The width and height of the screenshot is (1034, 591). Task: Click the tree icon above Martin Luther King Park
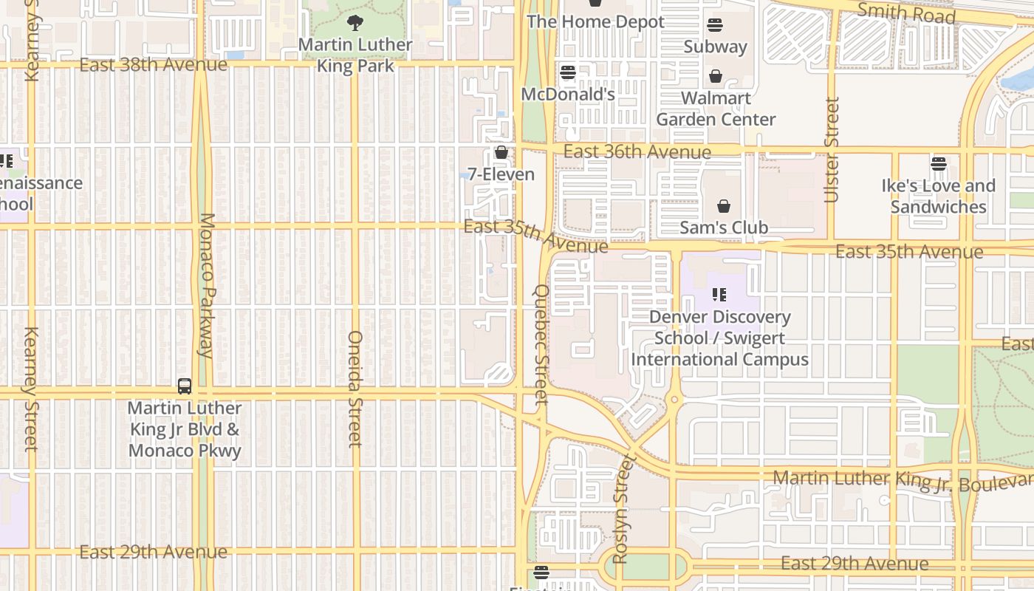pyautogui.click(x=355, y=23)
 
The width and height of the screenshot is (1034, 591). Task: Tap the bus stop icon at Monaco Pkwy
pyautogui.click(x=185, y=386)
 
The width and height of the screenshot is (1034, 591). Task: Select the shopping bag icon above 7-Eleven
pyautogui.click(x=501, y=153)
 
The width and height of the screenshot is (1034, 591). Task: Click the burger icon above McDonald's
pyautogui.click(x=567, y=72)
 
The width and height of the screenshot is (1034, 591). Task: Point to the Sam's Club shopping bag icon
pyautogui.click(x=724, y=206)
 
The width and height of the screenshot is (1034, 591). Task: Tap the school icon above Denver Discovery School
pyautogui.click(x=719, y=295)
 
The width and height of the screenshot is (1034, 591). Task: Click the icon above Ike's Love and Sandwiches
pyautogui.click(x=938, y=164)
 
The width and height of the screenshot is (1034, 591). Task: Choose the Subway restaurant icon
pyautogui.click(x=714, y=25)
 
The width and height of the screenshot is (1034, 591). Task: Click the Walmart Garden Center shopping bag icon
pyautogui.click(x=715, y=76)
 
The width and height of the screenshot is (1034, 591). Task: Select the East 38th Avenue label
pyautogui.click(x=154, y=65)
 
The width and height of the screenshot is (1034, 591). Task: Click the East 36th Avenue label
pyautogui.click(x=637, y=151)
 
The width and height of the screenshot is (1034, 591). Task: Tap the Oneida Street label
pyautogui.click(x=355, y=389)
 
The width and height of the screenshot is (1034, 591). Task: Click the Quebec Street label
pyautogui.click(x=541, y=344)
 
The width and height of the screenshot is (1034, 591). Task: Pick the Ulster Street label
pyautogui.click(x=832, y=150)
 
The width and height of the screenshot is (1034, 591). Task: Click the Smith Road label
pyautogui.click(x=906, y=13)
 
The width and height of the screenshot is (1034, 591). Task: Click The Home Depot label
pyautogui.click(x=595, y=22)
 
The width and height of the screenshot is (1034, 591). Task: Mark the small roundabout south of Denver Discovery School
pyautogui.click(x=674, y=400)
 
